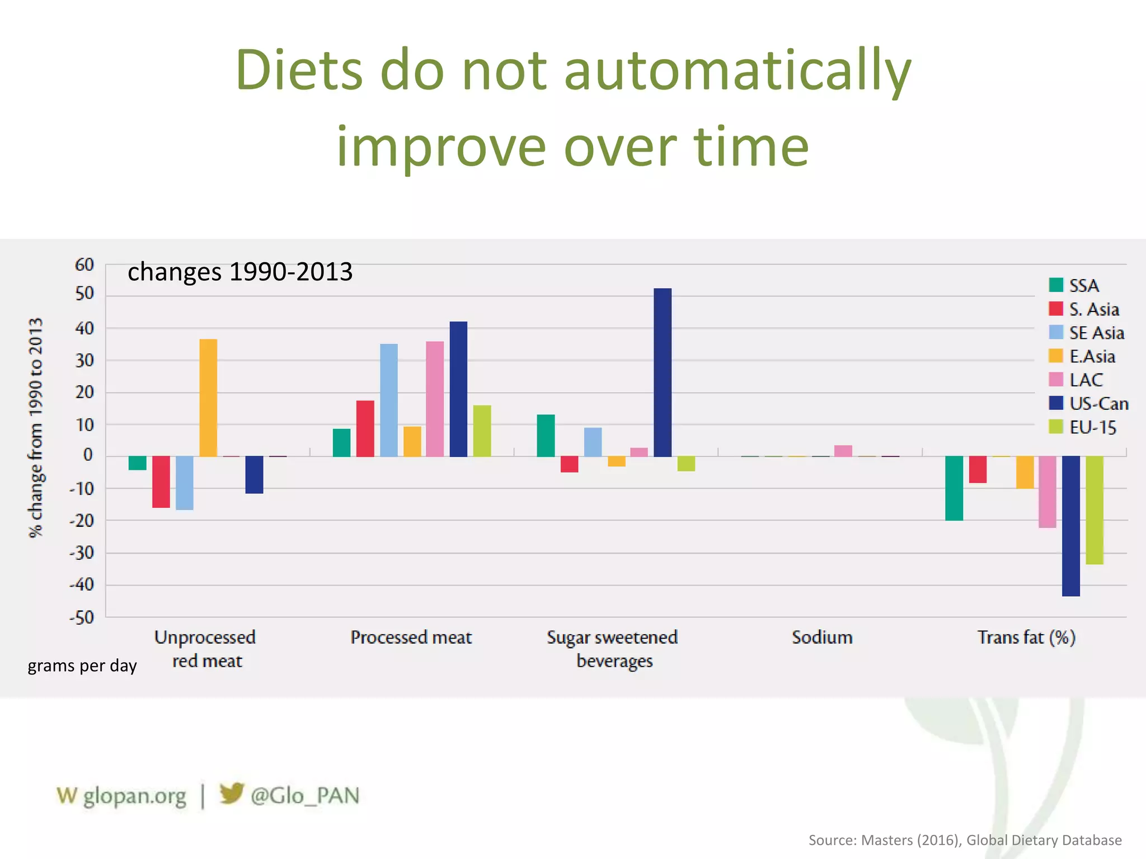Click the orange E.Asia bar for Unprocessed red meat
(208, 398)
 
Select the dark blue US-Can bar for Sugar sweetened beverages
(663, 372)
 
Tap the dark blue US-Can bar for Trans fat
(1071, 526)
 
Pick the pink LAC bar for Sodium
(843, 451)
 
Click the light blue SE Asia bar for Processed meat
(389, 400)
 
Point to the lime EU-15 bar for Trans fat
(1095, 510)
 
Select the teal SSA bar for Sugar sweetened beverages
(546, 436)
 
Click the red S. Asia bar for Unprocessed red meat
(161, 482)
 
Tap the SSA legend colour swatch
(1056, 285)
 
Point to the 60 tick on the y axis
(84, 265)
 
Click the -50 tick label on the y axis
(82, 618)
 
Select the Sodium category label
(822, 638)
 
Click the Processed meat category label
(411, 638)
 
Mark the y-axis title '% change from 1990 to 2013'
(36, 428)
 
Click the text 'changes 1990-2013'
(240, 272)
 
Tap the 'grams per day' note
(82, 666)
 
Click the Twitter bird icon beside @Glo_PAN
(231, 793)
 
